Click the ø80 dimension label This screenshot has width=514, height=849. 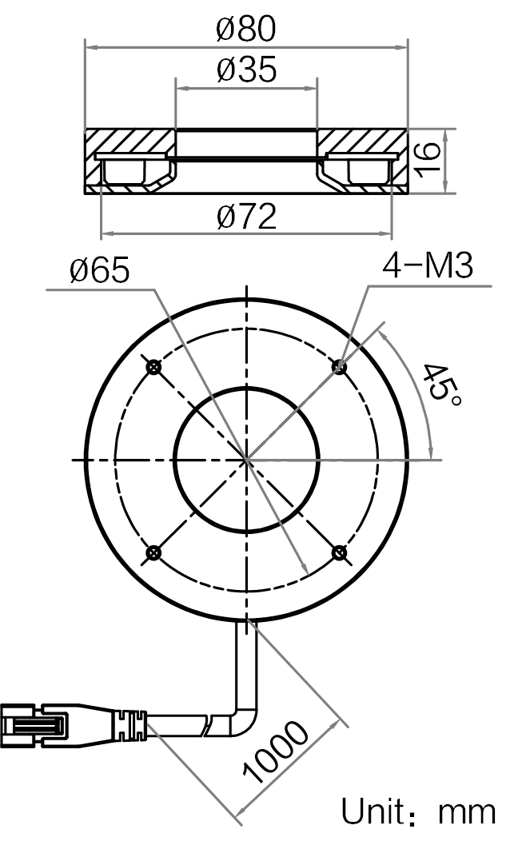click(x=246, y=29)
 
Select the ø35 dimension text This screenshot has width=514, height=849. click(x=246, y=69)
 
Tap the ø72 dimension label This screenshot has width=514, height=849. click(x=246, y=217)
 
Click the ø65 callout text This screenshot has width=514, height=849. click(x=100, y=269)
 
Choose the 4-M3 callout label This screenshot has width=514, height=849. click(x=428, y=265)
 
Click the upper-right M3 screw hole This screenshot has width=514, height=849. click(x=340, y=367)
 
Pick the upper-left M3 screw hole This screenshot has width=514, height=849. click(x=154, y=367)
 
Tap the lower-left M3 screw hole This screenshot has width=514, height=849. click(x=154, y=553)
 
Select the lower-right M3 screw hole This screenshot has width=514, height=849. click(x=340, y=553)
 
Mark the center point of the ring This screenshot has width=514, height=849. click(x=247, y=460)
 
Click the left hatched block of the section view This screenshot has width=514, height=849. click(x=130, y=160)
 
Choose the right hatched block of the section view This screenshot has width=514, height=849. click(x=362, y=160)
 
